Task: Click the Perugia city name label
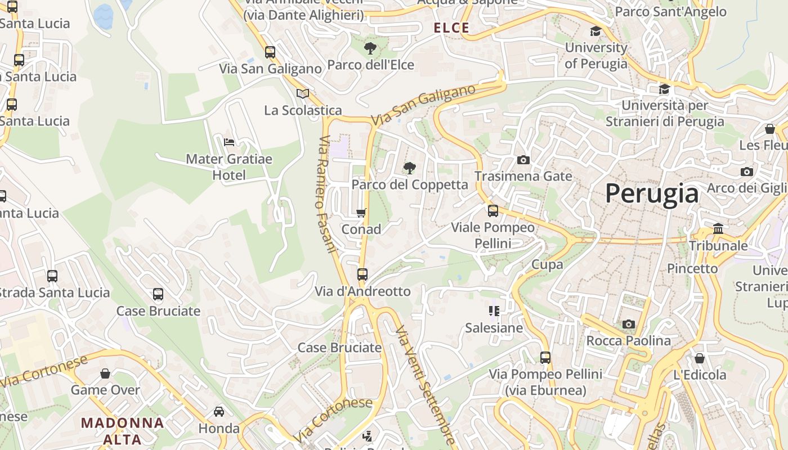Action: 652,193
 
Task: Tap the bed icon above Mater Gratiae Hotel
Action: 229,142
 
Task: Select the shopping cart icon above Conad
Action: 361,213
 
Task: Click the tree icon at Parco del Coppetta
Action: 410,168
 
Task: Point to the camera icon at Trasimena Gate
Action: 523,160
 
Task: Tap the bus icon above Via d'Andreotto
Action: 362,274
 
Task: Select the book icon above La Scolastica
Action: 303,93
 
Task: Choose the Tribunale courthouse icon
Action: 718,229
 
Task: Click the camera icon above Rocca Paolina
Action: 629,324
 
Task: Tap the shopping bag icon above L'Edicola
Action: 700,358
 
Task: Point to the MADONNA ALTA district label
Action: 123,430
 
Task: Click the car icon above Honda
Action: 219,412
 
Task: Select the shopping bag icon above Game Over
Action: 105,373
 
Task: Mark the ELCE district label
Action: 451,28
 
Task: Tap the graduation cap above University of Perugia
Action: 596,31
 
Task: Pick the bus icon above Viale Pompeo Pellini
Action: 493,211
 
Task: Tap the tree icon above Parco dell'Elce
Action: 370,48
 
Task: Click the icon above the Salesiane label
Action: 494,311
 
